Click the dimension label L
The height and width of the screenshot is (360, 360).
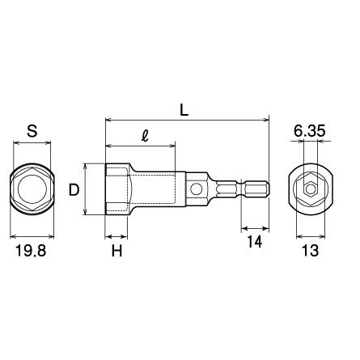click(184, 110)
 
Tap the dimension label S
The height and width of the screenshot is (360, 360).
click(32, 131)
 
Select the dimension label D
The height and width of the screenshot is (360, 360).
click(74, 189)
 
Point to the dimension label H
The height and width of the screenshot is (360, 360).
click(116, 251)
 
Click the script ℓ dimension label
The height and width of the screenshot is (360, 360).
click(146, 137)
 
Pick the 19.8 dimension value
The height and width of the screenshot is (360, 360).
click(31, 251)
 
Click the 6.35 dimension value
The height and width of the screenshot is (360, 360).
click(310, 131)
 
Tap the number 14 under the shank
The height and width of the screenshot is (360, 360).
click(255, 242)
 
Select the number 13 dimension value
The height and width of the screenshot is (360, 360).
click(311, 251)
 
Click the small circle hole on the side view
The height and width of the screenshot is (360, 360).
click(196, 188)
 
